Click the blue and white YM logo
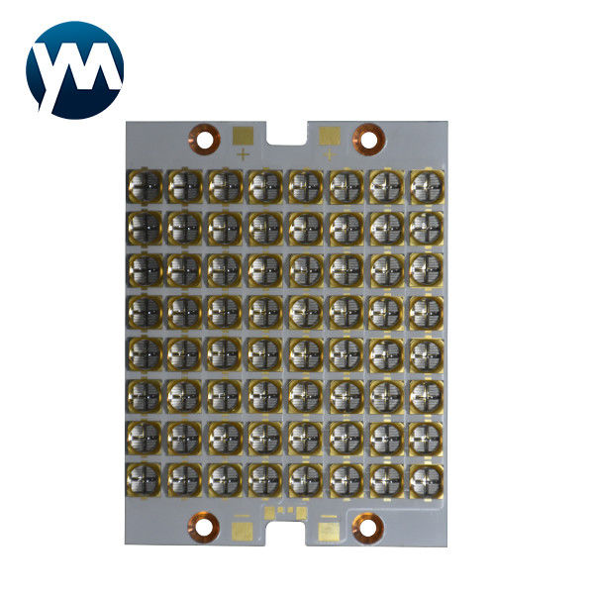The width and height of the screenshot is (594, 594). click(74, 69)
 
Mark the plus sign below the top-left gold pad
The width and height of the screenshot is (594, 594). click(244, 154)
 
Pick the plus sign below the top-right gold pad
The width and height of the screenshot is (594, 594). click(329, 154)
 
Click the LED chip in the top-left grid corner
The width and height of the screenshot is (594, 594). click(145, 185)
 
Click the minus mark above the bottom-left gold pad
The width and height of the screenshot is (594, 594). click(243, 516)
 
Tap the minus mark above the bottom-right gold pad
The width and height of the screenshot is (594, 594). click(329, 516)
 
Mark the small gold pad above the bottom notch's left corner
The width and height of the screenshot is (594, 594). click(267, 511)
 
